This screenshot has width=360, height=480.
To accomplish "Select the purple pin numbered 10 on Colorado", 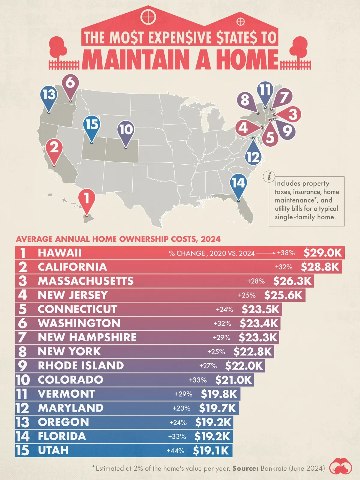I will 126,130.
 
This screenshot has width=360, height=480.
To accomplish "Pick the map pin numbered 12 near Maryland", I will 253,156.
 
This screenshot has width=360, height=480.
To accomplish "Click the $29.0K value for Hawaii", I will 322,253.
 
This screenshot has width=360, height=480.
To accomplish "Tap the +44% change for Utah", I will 175,451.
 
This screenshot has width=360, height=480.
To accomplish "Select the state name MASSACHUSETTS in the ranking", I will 85,281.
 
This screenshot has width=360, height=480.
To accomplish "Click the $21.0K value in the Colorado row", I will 234,380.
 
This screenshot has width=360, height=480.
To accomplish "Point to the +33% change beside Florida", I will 177,436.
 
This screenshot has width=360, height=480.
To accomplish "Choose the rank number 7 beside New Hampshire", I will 22,337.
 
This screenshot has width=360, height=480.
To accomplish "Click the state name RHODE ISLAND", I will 81,365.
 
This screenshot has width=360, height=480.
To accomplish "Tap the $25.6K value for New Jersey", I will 283,295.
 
